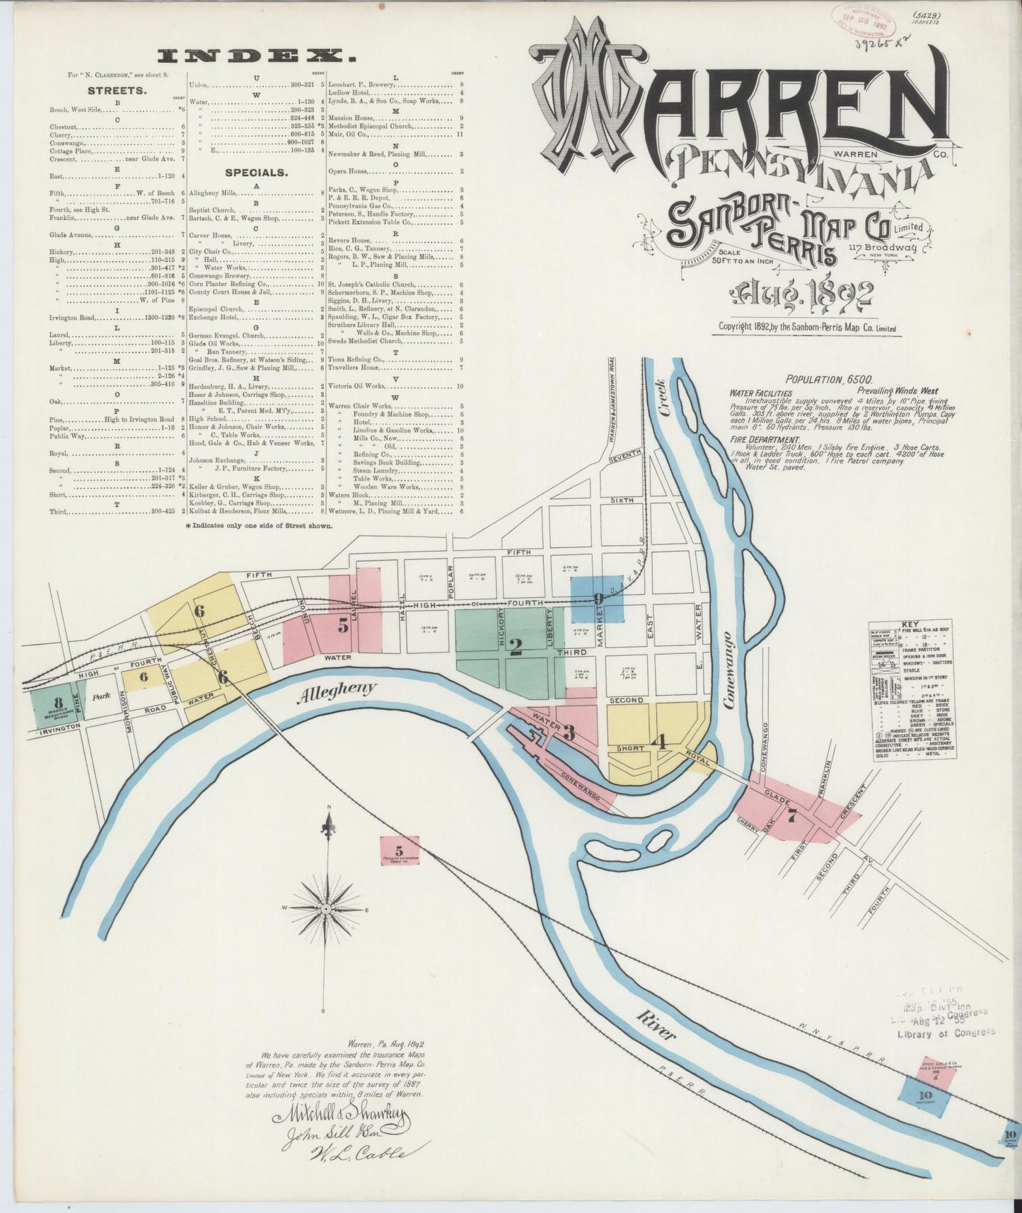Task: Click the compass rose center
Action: click(325, 908)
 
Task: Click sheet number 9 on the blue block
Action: click(598, 599)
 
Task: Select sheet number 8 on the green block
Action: click(59, 702)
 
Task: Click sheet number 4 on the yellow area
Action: click(661, 742)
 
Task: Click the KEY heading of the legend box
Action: click(909, 625)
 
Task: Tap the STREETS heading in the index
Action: click(117, 91)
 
